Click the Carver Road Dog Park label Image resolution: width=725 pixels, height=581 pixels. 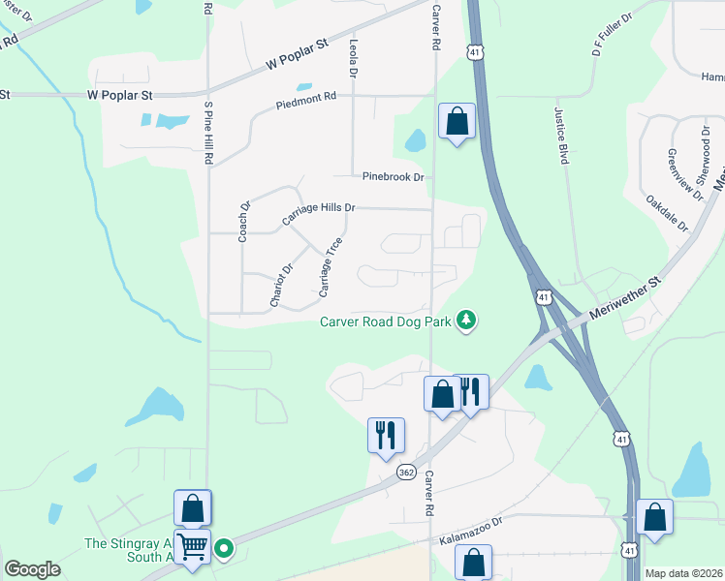[387, 322]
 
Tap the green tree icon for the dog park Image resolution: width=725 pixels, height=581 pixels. [467, 320]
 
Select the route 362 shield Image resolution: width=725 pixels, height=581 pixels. [406, 472]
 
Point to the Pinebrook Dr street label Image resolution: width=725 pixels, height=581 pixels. [394, 177]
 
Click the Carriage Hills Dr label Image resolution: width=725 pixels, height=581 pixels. [319, 213]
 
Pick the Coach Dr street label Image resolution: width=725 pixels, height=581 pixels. [244, 220]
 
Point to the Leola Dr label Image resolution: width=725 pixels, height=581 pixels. [353, 59]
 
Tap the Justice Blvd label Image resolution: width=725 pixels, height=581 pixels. [560, 136]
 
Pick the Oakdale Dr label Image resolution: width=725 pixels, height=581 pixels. [666, 213]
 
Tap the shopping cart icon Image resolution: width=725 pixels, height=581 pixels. [193, 546]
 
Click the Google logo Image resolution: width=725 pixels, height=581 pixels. [32, 569]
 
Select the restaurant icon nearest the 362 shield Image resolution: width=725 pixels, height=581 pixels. [386, 435]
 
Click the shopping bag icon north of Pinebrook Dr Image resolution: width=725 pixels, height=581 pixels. [457, 121]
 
